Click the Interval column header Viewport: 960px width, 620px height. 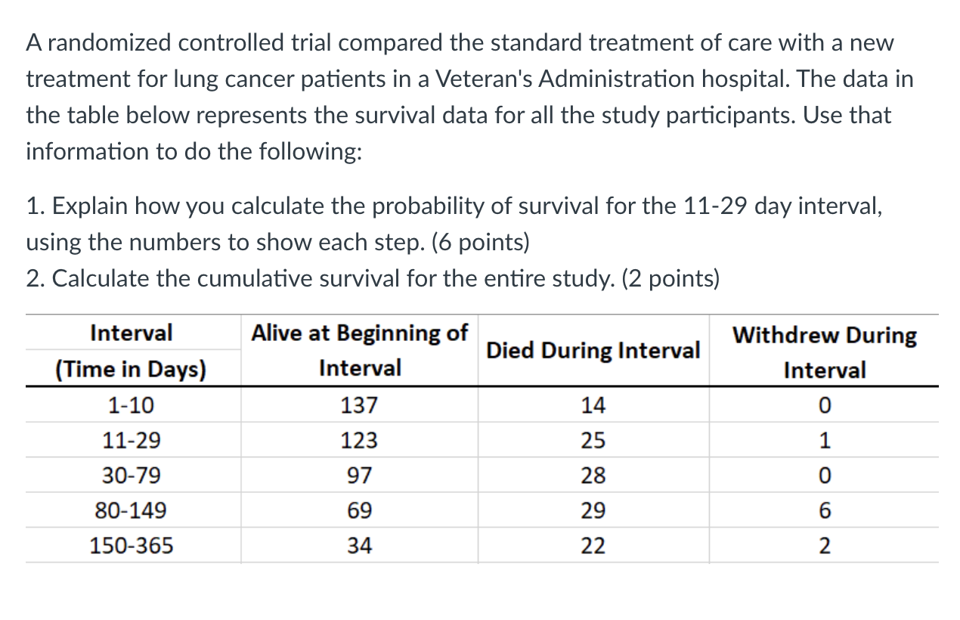coord(132,333)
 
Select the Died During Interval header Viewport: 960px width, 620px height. coord(593,351)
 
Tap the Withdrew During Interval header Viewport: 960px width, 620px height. coord(824,352)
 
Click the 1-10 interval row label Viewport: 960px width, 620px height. coord(131,406)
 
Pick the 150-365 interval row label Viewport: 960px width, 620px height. coord(131,545)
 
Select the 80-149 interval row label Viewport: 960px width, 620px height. coord(131,510)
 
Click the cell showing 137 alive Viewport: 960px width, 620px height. coord(359,406)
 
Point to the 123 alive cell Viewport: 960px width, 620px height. coord(359,441)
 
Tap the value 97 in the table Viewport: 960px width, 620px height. coord(359,476)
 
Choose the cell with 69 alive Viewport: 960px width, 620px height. coord(359,510)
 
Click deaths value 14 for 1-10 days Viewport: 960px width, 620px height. coord(593,406)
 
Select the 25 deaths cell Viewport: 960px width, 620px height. coord(593,441)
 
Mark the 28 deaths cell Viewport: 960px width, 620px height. coord(593,476)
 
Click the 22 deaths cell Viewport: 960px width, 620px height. coord(593,545)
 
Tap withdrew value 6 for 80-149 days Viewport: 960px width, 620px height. coord(824,510)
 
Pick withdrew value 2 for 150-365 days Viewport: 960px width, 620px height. coord(824,545)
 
